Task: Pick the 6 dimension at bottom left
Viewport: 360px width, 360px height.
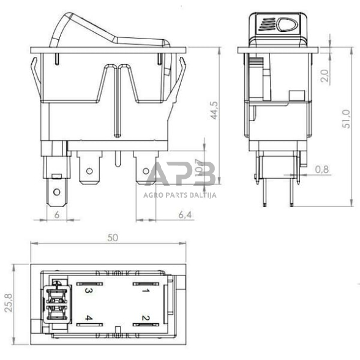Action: point(57,214)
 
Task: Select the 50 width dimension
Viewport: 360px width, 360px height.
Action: point(112,239)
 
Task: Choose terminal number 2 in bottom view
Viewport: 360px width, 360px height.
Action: point(146,318)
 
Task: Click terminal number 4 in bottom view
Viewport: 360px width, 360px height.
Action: point(89,318)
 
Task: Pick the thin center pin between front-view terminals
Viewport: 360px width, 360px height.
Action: point(117,161)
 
